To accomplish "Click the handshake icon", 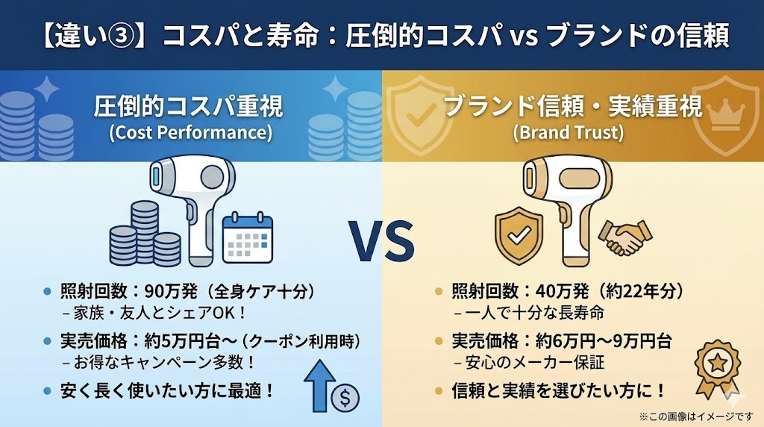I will pyautogui.click(x=625, y=237).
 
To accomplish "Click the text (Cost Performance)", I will pyautogui.click(x=190, y=134).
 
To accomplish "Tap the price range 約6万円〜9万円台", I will pyautogui.click(x=604, y=341).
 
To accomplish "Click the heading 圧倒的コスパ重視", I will pyautogui.click(x=189, y=108).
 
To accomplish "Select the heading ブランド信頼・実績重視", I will pyautogui.click(x=573, y=108).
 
